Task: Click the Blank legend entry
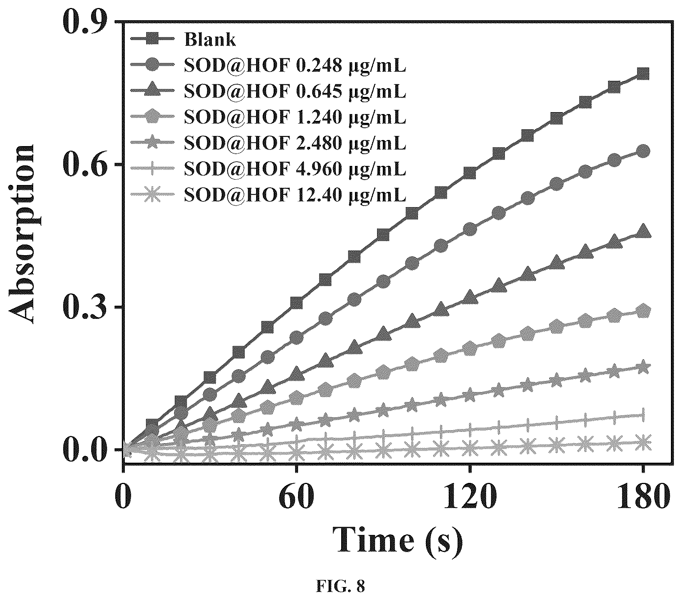pyautogui.click(x=210, y=39)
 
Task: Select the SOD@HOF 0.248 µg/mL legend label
pyautogui.click(x=295, y=66)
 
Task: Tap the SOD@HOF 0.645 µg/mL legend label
pyautogui.click(x=295, y=92)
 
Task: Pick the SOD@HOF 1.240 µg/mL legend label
pyautogui.click(x=295, y=117)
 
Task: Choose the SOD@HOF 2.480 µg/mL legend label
pyautogui.click(x=295, y=143)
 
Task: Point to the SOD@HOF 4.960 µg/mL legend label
pyautogui.click(x=295, y=169)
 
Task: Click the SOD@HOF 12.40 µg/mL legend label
pyautogui.click(x=295, y=195)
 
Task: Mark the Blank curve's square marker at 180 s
pyautogui.click(x=643, y=74)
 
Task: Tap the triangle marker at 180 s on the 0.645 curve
pyautogui.click(x=643, y=231)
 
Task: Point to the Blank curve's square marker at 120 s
pyautogui.click(x=470, y=173)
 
